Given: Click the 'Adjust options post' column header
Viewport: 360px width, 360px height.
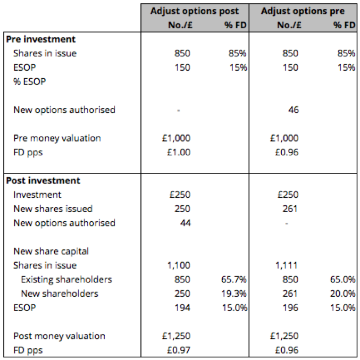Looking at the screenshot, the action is pyautogui.click(x=195, y=11).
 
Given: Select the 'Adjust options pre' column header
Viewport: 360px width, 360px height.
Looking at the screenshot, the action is pyautogui.click(x=303, y=11).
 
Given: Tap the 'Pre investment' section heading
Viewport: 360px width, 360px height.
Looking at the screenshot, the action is pyautogui.click(x=40, y=39).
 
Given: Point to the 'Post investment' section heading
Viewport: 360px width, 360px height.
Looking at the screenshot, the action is pyautogui.click(x=43, y=181).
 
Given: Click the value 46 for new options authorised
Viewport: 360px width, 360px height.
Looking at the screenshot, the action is pyautogui.click(x=294, y=110).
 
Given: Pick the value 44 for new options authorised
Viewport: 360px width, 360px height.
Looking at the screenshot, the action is pyautogui.click(x=185, y=223).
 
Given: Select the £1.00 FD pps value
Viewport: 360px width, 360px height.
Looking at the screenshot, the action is pyautogui.click(x=179, y=153).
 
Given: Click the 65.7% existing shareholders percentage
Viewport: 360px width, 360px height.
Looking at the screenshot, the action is pyautogui.click(x=234, y=279).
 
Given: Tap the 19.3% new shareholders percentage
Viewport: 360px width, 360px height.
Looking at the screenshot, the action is pyautogui.click(x=234, y=294).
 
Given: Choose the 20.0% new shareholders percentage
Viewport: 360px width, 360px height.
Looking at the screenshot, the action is pyautogui.click(x=342, y=294).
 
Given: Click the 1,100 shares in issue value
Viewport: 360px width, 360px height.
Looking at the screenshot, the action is pyautogui.click(x=179, y=265).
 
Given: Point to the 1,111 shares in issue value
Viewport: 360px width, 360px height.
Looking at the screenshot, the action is pyautogui.click(x=286, y=265).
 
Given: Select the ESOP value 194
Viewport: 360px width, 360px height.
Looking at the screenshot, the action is pyautogui.click(x=182, y=308).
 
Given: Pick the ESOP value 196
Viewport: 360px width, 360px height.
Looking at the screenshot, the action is pyautogui.click(x=290, y=308).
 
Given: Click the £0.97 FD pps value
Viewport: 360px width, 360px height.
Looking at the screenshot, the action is pyautogui.click(x=179, y=350).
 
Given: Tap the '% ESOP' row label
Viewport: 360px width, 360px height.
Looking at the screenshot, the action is pyautogui.click(x=30, y=82).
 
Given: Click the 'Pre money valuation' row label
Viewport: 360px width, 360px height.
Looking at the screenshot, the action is pyautogui.click(x=57, y=138).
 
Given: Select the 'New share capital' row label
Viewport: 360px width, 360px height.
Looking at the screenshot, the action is pyautogui.click(x=51, y=252).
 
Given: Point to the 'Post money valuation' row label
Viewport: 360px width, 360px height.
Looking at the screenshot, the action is pyautogui.click(x=59, y=337).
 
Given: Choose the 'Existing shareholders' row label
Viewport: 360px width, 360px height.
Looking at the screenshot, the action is pyautogui.click(x=66, y=280).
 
